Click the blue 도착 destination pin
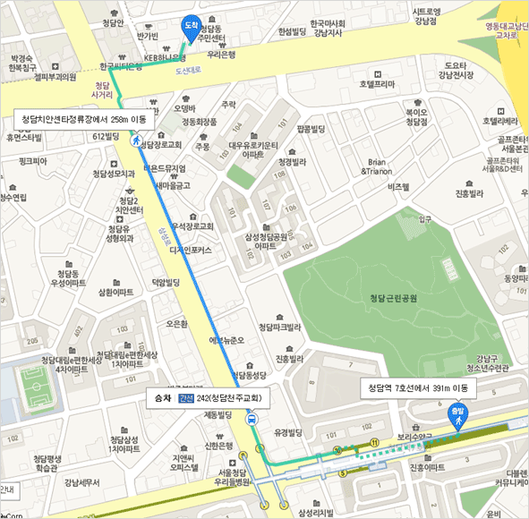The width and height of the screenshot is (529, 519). click(x=190, y=27)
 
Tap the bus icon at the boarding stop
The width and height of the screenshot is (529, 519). click(x=253, y=418)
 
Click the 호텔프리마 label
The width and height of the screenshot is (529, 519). click(x=377, y=83)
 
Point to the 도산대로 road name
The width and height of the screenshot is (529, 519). click(x=189, y=69)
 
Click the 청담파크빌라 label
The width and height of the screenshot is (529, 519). click(x=277, y=328)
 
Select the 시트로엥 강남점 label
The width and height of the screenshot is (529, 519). click(x=424, y=16)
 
